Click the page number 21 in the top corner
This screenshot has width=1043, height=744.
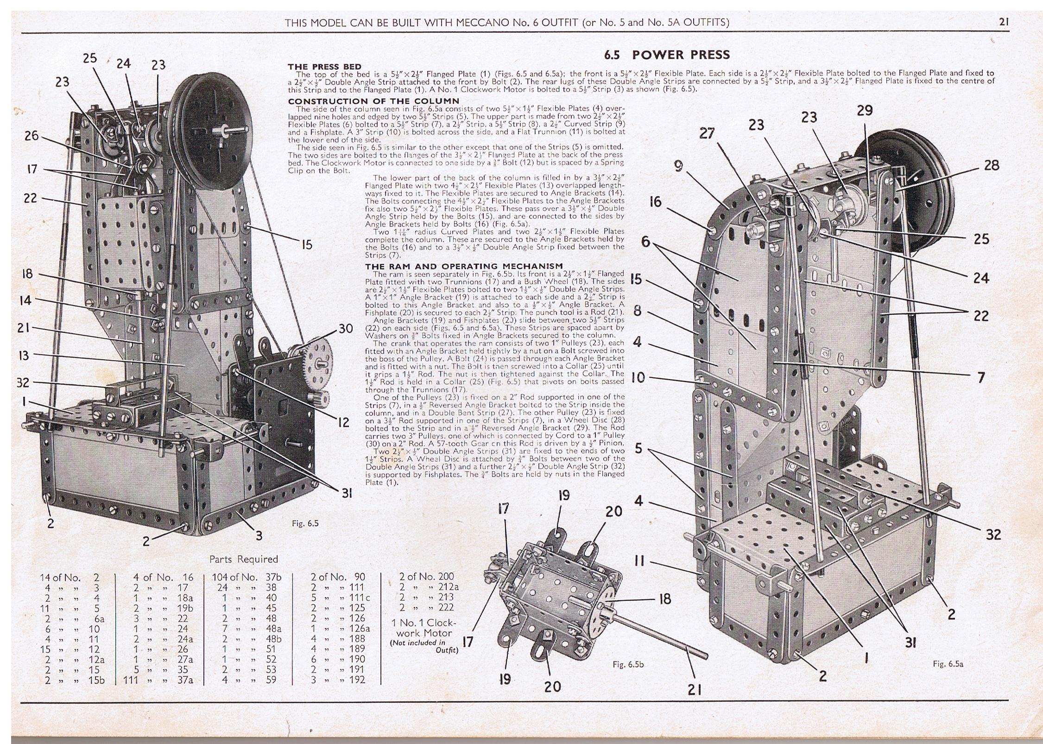(1004, 22)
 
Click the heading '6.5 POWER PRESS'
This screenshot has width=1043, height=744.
(667, 55)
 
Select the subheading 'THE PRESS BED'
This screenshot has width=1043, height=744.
(324, 67)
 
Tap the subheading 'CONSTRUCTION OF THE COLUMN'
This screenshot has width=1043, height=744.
(373, 101)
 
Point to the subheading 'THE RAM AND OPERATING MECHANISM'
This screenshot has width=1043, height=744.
(464, 266)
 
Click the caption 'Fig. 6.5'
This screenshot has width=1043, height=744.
(305, 523)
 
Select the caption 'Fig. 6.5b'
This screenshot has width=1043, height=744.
(628, 664)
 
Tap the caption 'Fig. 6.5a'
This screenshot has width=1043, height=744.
(948, 664)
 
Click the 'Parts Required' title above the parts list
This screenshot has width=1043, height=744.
(244, 559)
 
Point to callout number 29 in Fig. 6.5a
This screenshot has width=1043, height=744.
(865, 110)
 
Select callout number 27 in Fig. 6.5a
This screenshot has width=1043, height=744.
(707, 134)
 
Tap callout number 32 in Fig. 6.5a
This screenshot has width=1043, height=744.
(993, 534)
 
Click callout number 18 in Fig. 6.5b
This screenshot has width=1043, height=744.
(664, 599)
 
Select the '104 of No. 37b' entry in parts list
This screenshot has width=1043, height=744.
(247, 578)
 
